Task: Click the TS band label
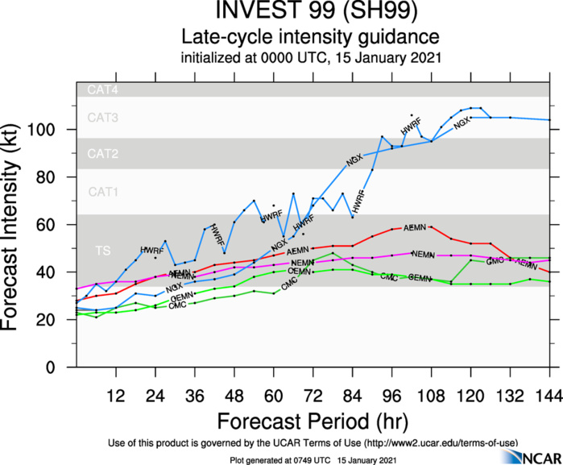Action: tap(102, 251)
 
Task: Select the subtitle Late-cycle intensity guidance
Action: tap(309, 37)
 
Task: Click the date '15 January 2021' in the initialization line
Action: tap(386, 57)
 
